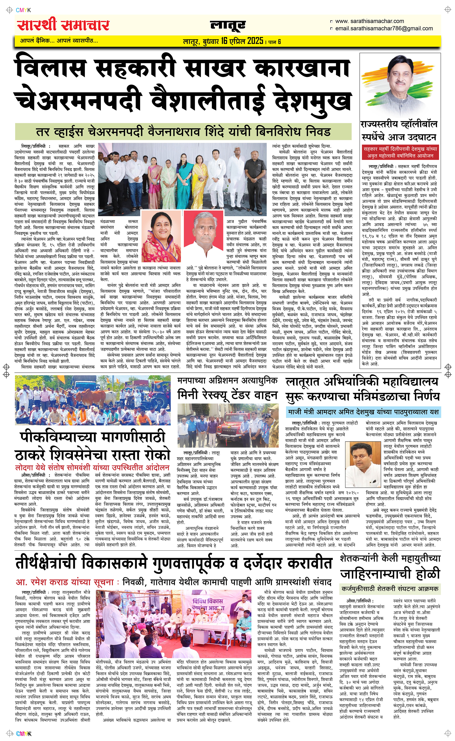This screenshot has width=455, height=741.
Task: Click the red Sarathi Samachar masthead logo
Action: tap(63, 25)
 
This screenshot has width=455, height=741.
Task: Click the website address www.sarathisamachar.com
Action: tap(369, 21)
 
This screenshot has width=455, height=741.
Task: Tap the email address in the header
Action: tap(384, 29)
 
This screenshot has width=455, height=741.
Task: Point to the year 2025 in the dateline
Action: tap(255, 41)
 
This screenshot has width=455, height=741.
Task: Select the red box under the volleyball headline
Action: tap(400, 152)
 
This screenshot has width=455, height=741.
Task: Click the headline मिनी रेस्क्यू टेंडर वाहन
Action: tap(227, 394)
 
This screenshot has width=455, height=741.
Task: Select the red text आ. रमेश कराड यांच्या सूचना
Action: tap(65, 582)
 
